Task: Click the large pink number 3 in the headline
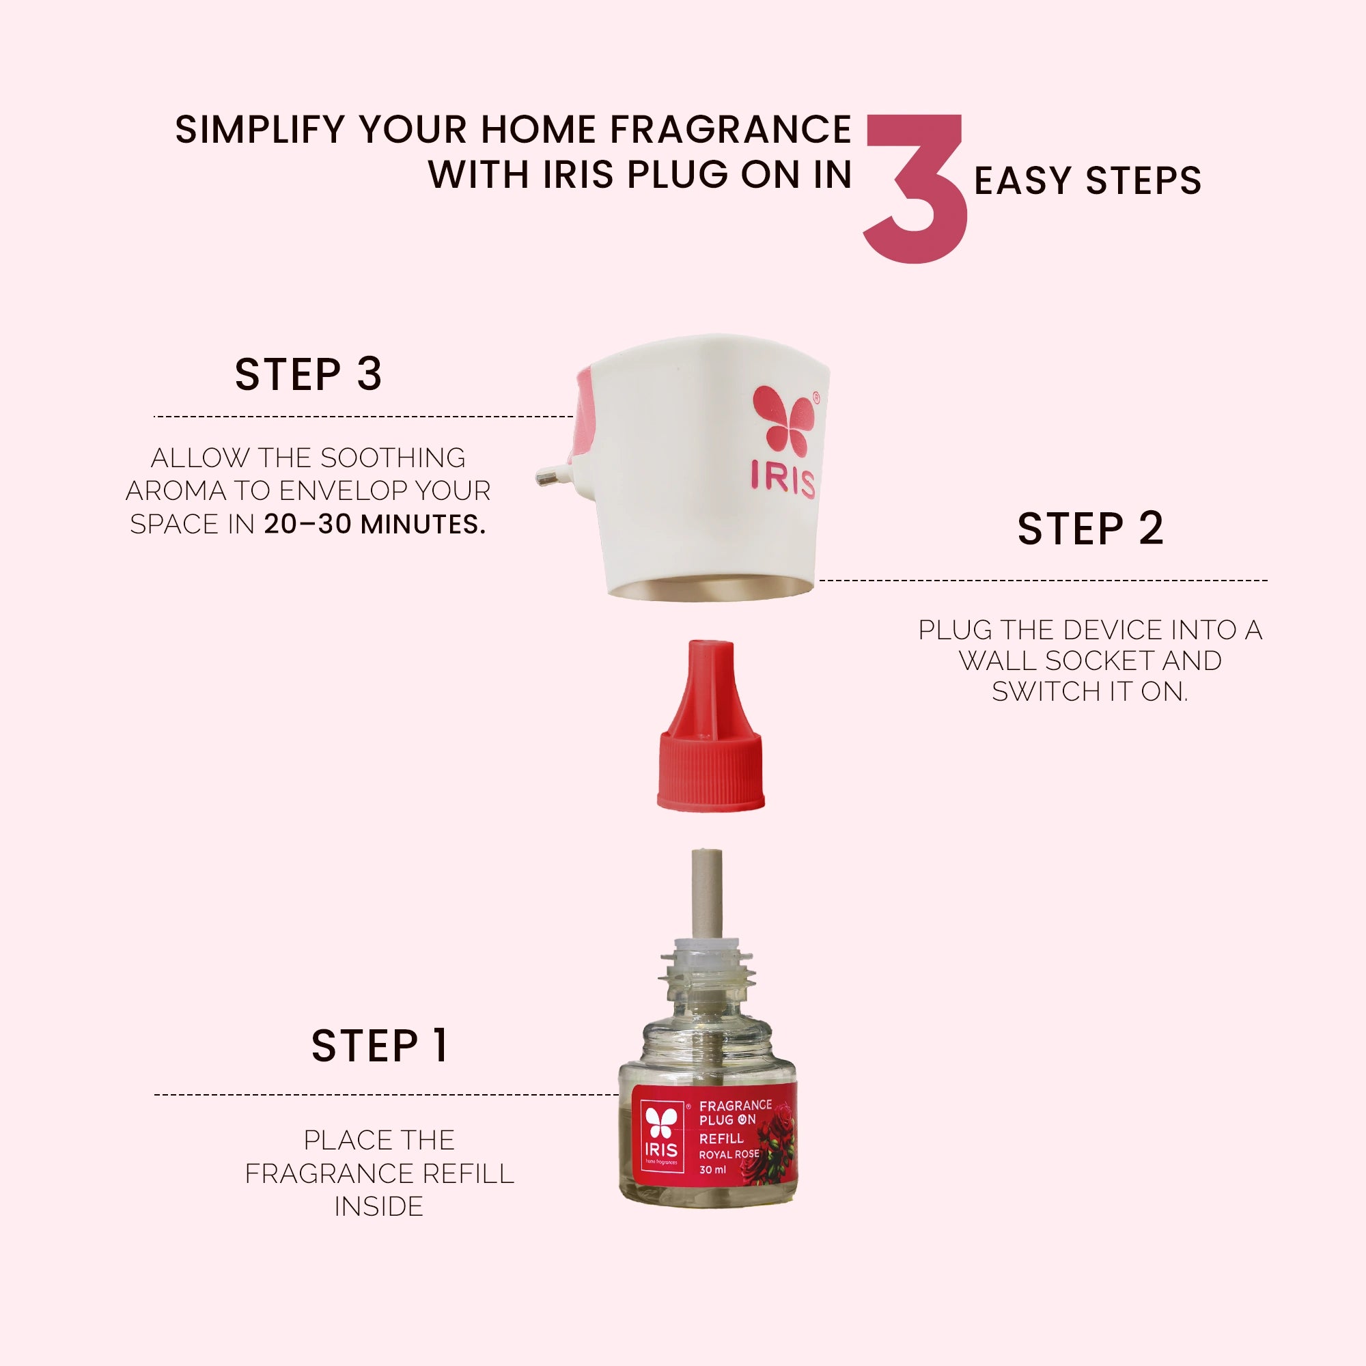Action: click(x=916, y=189)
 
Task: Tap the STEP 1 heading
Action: click(x=380, y=1046)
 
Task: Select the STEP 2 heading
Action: click(x=1090, y=529)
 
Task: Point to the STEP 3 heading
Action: click(x=308, y=374)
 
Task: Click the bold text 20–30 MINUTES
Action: click(x=375, y=525)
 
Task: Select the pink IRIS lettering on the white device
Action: click(x=783, y=480)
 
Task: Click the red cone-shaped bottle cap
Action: click(x=710, y=725)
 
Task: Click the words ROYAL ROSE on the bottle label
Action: click(x=729, y=1154)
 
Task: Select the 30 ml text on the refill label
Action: click(x=712, y=1170)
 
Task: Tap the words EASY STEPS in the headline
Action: click(x=1088, y=181)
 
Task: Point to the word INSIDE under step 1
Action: click(x=379, y=1206)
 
